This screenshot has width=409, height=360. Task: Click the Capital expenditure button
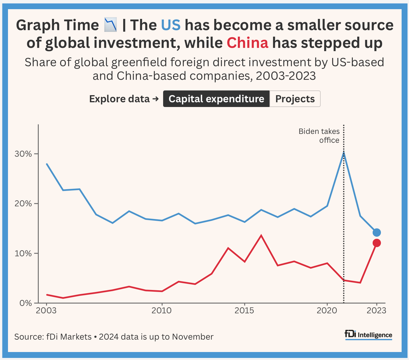tap(216, 99)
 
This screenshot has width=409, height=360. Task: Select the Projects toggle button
tap(295, 99)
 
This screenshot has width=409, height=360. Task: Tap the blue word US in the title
tap(171, 25)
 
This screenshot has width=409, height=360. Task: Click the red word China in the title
tap(247, 43)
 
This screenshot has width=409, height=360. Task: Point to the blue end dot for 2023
tap(376, 233)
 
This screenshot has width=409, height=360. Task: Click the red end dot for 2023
tap(376, 243)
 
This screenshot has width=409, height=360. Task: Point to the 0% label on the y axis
tap(26, 303)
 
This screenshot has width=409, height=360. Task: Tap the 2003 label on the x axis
tap(46, 311)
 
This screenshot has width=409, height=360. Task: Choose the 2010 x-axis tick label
tap(161, 311)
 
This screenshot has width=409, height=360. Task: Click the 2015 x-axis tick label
tap(244, 311)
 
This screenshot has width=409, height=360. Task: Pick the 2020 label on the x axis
tap(327, 311)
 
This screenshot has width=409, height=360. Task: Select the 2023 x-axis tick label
tap(376, 311)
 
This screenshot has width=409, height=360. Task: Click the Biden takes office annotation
tap(319, 136)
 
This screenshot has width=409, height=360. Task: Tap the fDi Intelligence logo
tap(369, 335)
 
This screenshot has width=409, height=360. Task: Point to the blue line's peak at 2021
tap(344, 152)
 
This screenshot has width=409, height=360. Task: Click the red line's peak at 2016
tap(261, 235)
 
